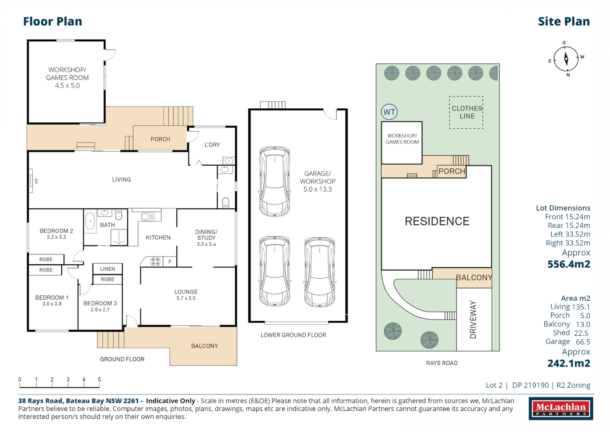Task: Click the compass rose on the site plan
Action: pos(566,59)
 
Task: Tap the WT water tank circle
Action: pos(389,112)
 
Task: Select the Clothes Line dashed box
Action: pos(466,112)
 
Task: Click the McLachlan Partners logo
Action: pos(560,409)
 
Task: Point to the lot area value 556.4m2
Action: pos(568,264)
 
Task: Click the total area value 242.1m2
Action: pos(568,363)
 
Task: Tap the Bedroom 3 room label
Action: pos(100,304)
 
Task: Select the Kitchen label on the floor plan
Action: pos(158,238)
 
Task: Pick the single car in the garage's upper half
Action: pos(275,181)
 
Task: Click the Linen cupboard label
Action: pos(107,269)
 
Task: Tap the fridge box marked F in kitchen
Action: pos(170,262)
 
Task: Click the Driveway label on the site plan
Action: pos(473,320)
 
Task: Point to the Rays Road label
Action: pos(441,363)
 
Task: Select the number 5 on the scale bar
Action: pos(99,379)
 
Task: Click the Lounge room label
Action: pos(186,292)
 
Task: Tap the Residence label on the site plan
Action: pos(436,221)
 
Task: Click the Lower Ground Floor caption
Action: pos(293,335)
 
